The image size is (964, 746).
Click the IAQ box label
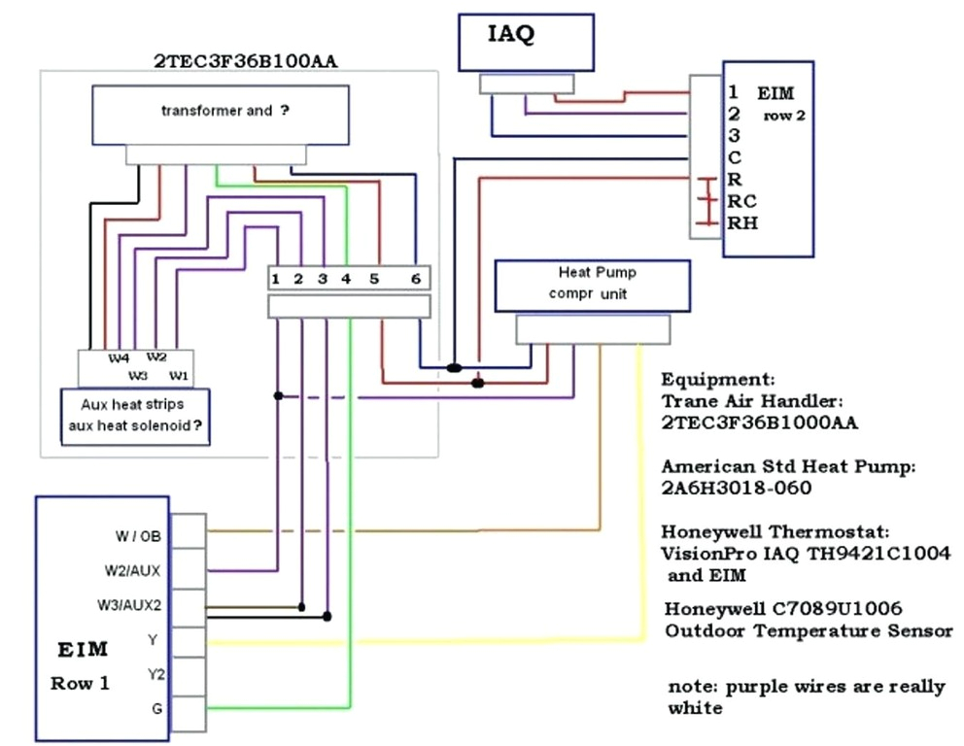(510, 36)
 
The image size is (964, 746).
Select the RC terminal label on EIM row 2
(742, 201)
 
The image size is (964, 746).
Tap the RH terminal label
(742, 223)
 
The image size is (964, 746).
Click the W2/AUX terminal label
(134, 570)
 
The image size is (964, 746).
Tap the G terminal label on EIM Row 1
(156, 709)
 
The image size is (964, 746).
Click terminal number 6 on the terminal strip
(415, 280)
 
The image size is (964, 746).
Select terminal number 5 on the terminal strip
(373, 280)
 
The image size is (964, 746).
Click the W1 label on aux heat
(178, 374)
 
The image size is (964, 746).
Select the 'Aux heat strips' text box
(135, 415)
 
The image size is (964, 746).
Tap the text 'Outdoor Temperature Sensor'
(809, 630)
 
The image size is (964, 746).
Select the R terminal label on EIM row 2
(735, 179)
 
